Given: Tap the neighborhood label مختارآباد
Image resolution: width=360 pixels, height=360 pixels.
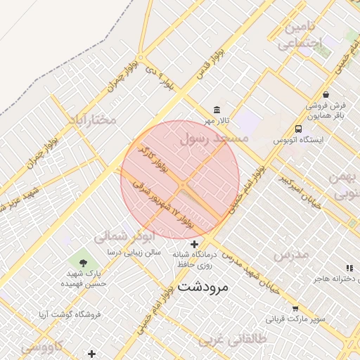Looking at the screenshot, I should pos(91,119).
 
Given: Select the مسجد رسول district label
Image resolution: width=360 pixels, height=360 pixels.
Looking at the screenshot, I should pos(214,139).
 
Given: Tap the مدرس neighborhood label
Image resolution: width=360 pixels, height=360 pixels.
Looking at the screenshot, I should pos(291,255).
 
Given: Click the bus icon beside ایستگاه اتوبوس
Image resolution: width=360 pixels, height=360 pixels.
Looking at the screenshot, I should pos(299,129).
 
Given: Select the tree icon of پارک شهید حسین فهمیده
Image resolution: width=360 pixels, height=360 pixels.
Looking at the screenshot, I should pos(84,263).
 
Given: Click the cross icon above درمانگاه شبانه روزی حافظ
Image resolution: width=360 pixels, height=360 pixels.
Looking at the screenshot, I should pos(194,243).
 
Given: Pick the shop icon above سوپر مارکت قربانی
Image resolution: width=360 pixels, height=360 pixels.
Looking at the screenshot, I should pos(295,308).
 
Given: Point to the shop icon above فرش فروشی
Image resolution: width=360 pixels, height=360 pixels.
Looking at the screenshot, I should pos(326,94).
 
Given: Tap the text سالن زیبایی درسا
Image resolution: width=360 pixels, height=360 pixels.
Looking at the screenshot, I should pos(134,252).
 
